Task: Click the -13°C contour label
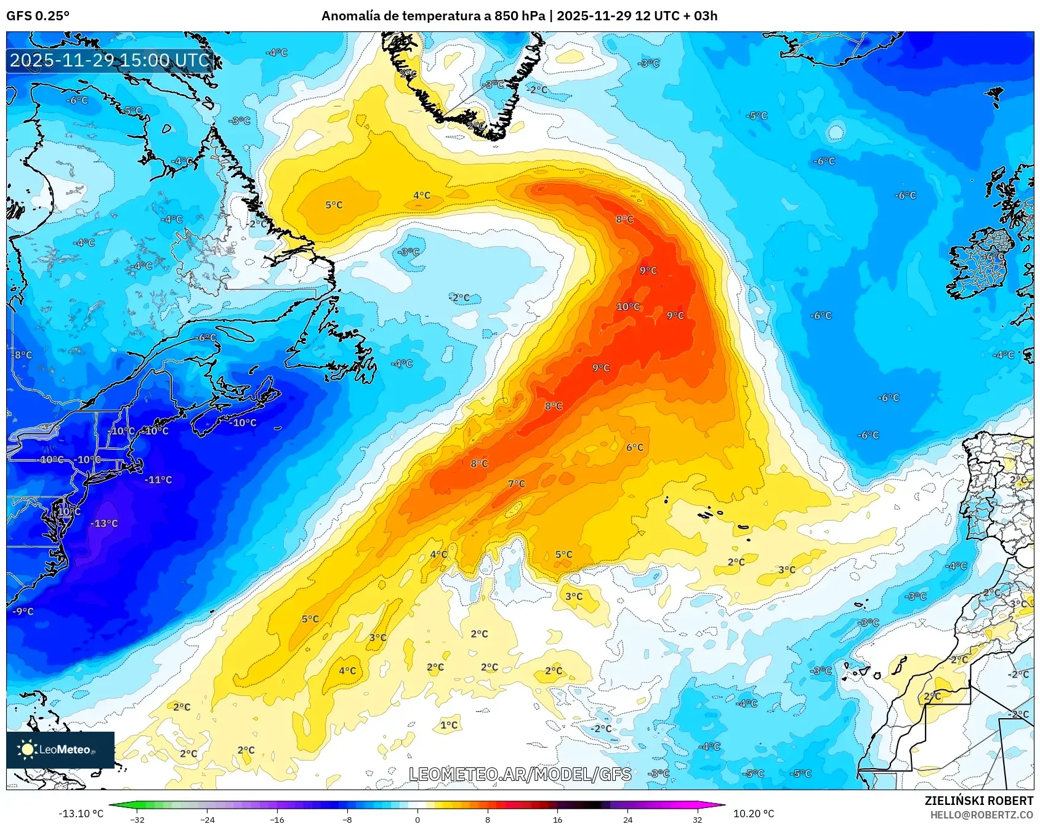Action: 104,524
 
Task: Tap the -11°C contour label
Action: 158,480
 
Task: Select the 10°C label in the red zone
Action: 628,307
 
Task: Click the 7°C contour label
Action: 517,484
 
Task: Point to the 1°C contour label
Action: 449,725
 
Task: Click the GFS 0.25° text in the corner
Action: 38,16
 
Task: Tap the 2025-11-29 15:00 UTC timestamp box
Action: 110,60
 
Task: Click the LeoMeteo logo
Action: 60,750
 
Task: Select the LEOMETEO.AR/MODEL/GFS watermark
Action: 520,774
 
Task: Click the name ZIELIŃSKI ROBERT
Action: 978,801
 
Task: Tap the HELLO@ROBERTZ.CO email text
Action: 982,815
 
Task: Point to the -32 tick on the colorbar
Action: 137,819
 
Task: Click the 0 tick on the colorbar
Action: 417,819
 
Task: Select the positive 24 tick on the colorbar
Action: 627,819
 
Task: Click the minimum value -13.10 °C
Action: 81,814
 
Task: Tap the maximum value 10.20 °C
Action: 753,814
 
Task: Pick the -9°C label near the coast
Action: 23,611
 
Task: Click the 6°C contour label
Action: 635,447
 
